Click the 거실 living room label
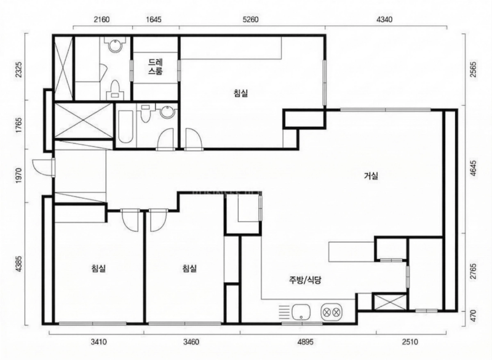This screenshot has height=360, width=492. tap(371, 176)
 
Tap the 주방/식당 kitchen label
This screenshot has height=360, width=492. tap(305, 280)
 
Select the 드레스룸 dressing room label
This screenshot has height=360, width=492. tap(156, 66)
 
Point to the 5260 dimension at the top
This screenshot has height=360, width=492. tap(251, 20)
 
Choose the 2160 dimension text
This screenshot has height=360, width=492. tap(101, 20)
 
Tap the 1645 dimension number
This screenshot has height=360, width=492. tap(154, 20)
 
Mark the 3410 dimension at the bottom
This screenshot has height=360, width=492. tap(98, 342)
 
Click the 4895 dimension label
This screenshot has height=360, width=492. tap(305, 342)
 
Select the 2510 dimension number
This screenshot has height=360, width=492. tap(410, 342)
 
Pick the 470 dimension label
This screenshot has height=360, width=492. tap(474, 315)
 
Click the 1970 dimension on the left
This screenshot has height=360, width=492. tap(18, 176)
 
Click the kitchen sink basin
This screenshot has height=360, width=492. tap(301, 312)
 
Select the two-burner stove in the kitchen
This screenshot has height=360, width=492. tap(331, 312)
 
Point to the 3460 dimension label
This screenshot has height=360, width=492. tap(191, 342)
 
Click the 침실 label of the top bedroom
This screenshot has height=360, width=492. tap(240, 93)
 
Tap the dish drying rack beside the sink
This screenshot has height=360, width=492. tap(284, 312)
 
